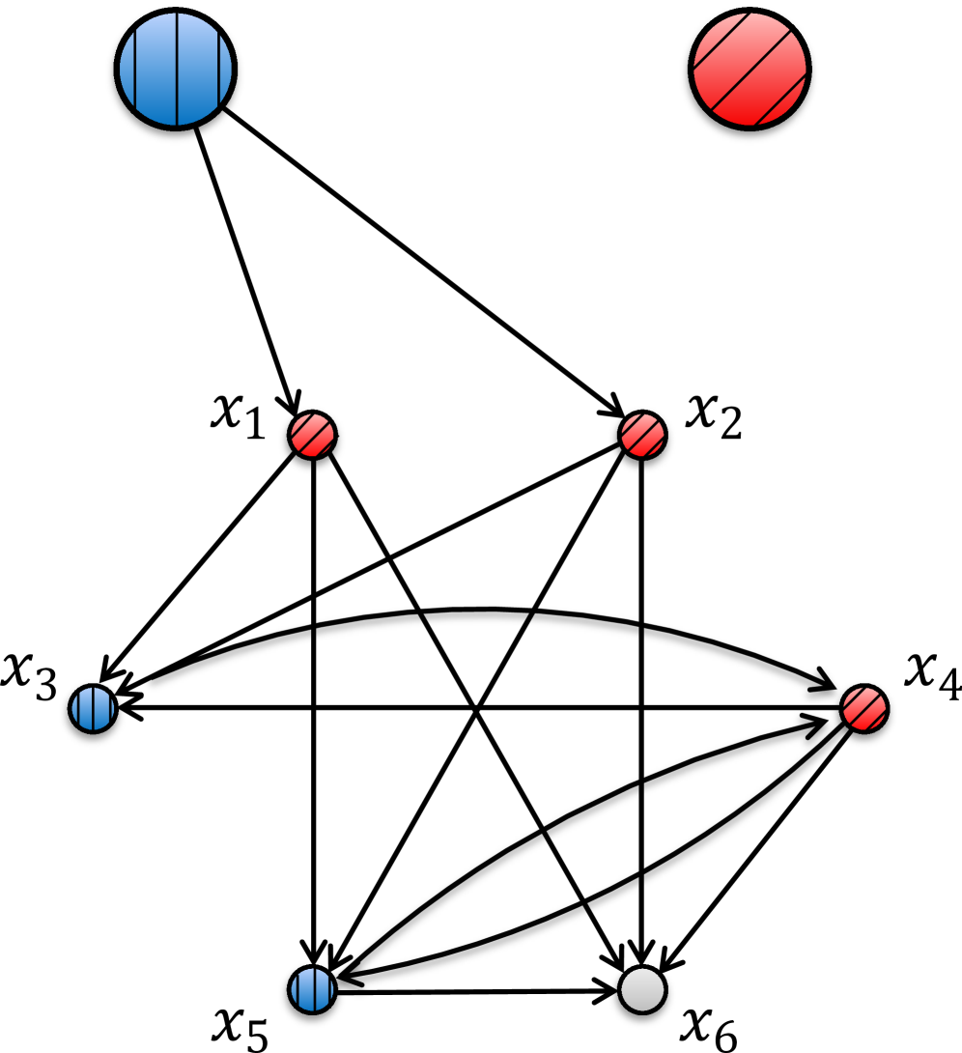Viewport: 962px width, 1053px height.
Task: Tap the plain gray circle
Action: point(642,989)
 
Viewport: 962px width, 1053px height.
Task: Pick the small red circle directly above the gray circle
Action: point(642,435)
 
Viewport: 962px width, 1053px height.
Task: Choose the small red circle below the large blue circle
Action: point(312,435)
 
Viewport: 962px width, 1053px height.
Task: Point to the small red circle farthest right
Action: point(864,709)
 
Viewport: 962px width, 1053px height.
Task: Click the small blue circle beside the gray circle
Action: point(312,989)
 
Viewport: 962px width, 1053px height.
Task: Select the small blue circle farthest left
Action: point(93,709)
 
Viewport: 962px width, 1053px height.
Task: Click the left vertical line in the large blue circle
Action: point(134,70)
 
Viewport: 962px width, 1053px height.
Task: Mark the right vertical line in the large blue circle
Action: point(219,70)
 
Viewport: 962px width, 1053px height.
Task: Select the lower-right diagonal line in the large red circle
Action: point(779,100)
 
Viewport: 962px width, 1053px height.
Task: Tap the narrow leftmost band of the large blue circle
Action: point(127,70)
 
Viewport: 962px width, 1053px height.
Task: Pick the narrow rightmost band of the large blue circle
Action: point(226,70)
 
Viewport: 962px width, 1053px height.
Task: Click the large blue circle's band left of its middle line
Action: point(156,70)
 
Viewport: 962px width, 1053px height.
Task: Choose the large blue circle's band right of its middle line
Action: point(198,70)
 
